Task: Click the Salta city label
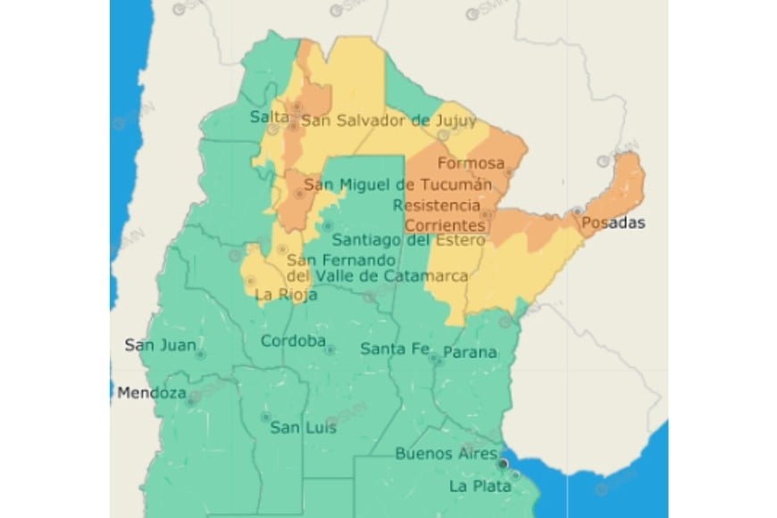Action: (x=270, y=118)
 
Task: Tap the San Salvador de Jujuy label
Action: (x=388, y=120)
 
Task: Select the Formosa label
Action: (x=472, y=164)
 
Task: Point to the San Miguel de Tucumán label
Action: (x=398, y=185)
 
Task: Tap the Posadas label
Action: (x=612, y=222)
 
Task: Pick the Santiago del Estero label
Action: (x=408, y=240)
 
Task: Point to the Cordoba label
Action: (x=292, y=341)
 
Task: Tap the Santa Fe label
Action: (x=395, y=349)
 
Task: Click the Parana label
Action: (x=470, y=352)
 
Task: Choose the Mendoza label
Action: (x=151, y=393)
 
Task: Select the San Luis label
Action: (x=303, y=428)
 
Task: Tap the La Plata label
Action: (x=480, y=487)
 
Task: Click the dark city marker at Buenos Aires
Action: (x=504, y=464)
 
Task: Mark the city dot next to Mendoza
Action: (x=191, y=400)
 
